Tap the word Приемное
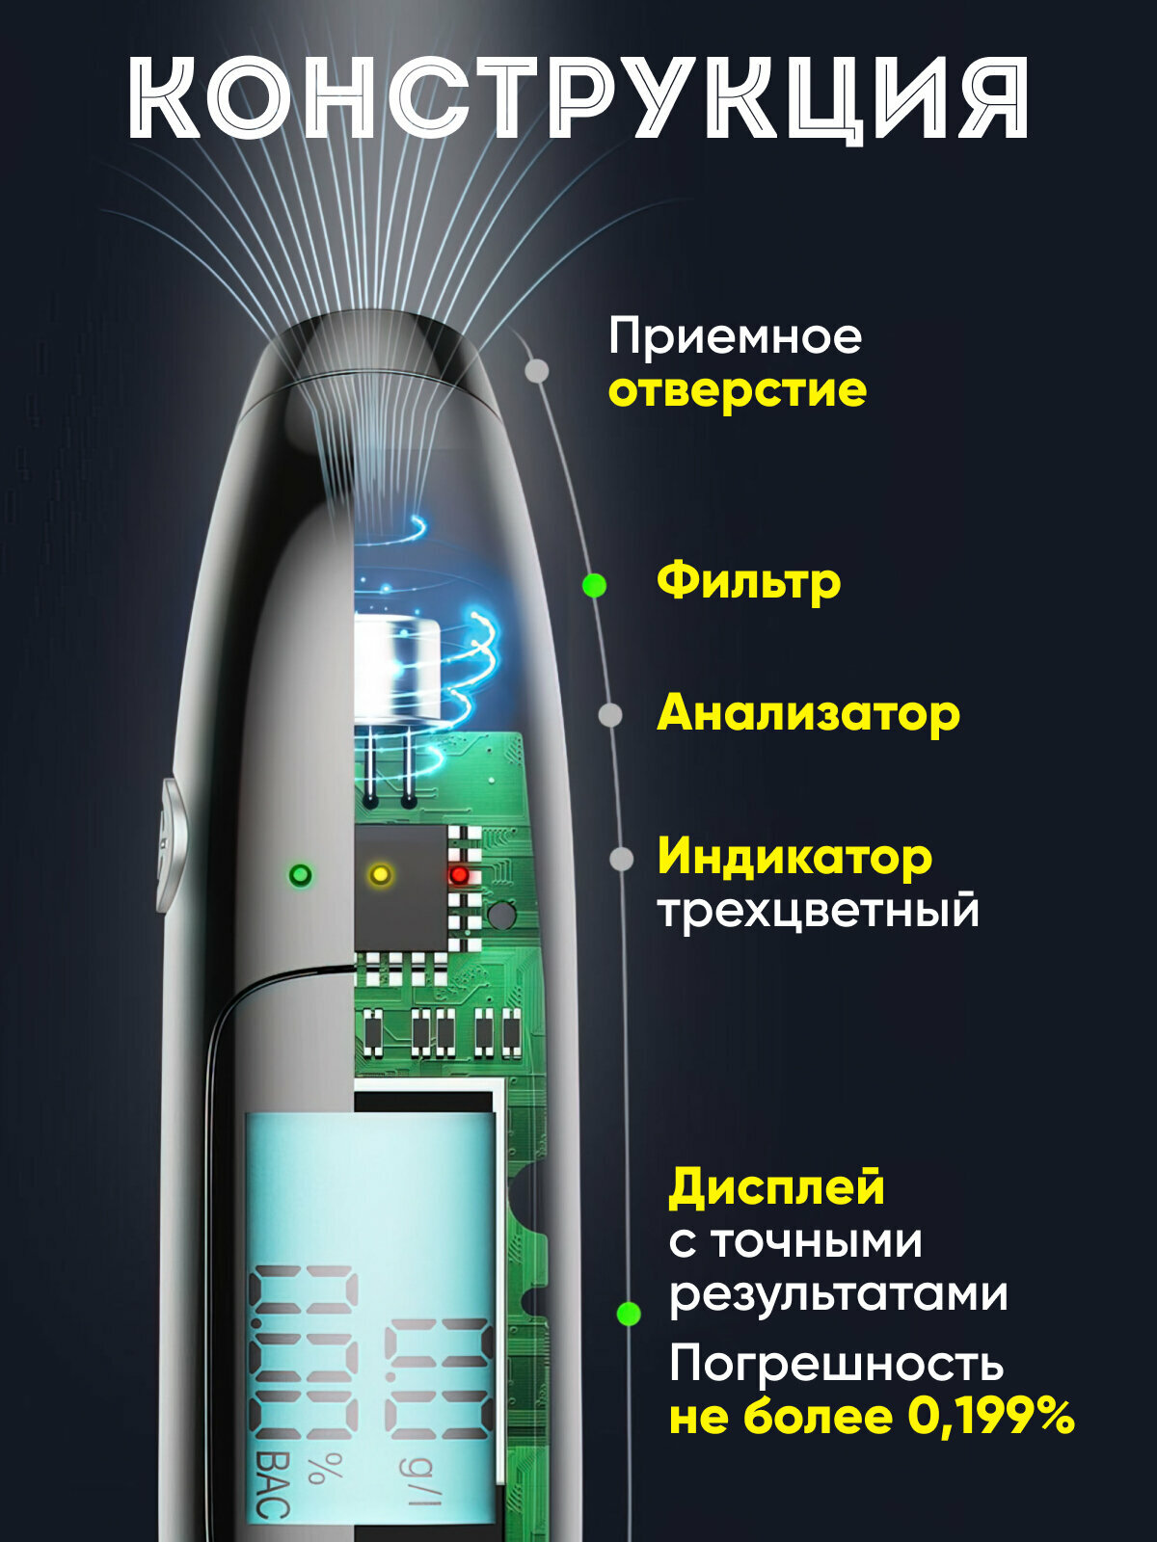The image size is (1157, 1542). pyautogui.click(x=735, y=337)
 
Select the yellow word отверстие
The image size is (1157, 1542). pyautogui.click(x=738, y=391)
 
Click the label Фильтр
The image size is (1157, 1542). pyautogui.click(x=748, y=581)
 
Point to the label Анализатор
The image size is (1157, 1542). pyautogui.click(x=808, y=714)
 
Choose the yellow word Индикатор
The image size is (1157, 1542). pyautogui.click(x=794, y=857)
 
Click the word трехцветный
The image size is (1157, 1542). pyautogui.click(x=818, y=911)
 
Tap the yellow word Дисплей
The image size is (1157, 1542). pyautogui.click(x=776, y=1187)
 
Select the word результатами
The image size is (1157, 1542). pyautogui.click(x=839, y=1293)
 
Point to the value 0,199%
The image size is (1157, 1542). pyautogui.click(x=991, y=1417)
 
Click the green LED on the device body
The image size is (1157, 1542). pyautogui.click(x=301, y=875)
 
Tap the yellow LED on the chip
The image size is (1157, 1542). pyautogui.click(x=381, y=874)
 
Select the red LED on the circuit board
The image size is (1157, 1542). pyautogui.click(x=460, y=874)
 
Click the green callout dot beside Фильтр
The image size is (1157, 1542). pyautogui.click(x=595, y=585)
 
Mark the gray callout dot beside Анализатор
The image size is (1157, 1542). pyautogui.click(x=609, y=715)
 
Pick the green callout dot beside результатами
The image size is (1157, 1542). pyautogui.click(x=629, y=1313)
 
